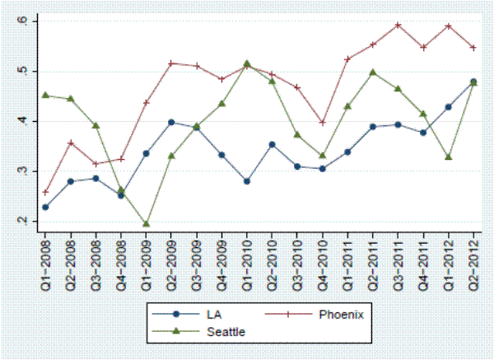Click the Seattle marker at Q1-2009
(146, 223)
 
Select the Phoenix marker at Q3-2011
(398, 25)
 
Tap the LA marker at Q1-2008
(45, 207)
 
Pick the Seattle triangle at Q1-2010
(247, 63)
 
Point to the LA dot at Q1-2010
(247, 181)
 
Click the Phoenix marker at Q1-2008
(45, 192)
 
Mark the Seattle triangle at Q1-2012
(448, 157)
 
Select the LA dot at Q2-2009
(171, 122)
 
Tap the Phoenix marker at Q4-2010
(322, 122)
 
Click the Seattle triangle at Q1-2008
(45, 95)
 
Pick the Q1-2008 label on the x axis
(45, 258)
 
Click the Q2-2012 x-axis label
(473, 258)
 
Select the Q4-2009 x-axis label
(221, 258)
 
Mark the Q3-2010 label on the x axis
(297, 258)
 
